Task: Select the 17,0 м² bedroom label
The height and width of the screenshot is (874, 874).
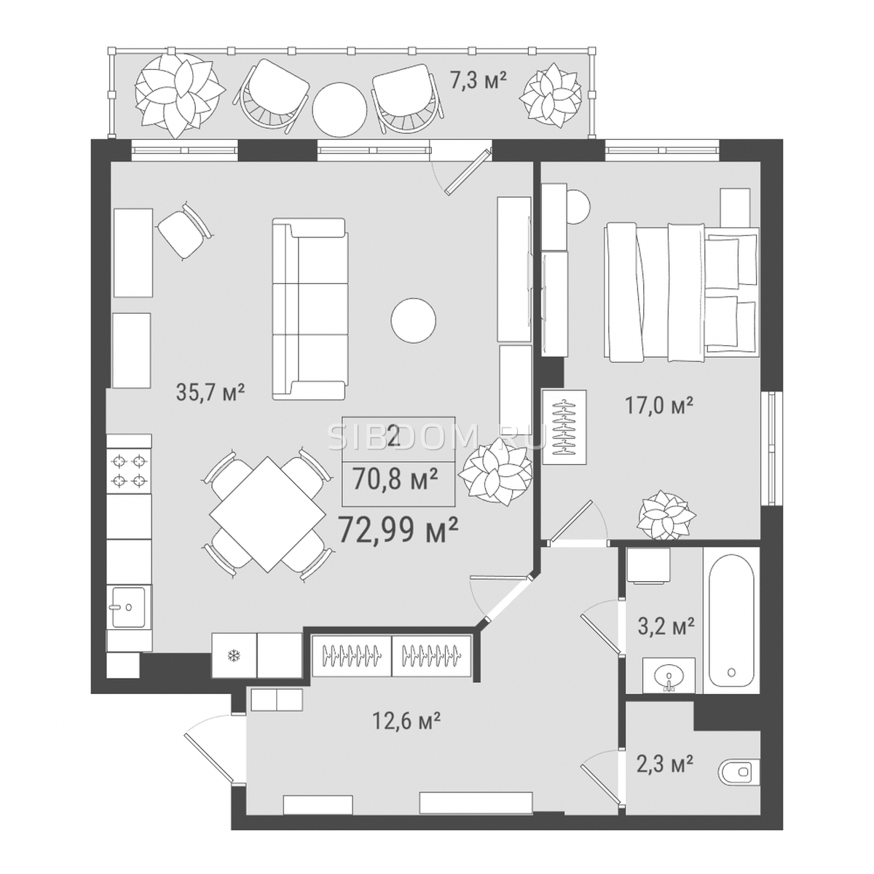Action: click(658, 405)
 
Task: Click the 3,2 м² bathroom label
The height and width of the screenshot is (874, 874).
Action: click(666, 626)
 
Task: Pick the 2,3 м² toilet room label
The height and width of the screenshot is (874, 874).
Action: click(665, 763)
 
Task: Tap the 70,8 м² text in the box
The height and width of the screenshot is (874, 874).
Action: click(395, 479)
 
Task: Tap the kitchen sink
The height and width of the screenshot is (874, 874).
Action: click(129, 607)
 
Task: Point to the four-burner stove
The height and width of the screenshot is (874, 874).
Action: click(129, 471)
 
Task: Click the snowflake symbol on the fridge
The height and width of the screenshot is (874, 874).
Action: click(234, 655)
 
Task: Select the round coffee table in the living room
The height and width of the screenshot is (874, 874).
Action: click(413, 320)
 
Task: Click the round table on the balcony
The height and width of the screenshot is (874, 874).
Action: click(339, 109)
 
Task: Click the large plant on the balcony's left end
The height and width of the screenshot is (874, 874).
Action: click(180, 96)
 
